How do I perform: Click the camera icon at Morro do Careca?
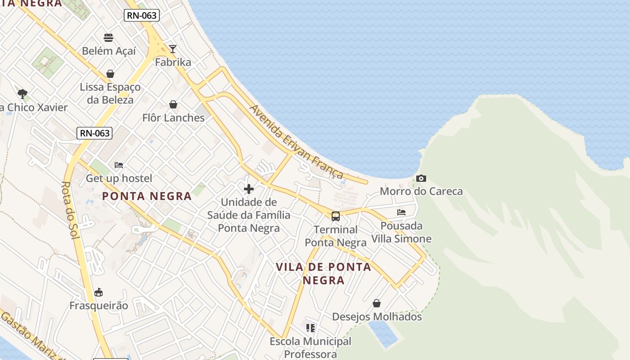421,179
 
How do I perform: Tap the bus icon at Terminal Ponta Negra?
336,216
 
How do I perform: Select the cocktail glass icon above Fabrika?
173,49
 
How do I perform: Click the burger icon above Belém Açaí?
108,37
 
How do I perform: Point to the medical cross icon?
249,189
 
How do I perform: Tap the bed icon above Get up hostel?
119,165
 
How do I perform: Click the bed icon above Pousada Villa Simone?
401,212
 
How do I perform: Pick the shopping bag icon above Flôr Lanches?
173,105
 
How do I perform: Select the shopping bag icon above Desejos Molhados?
377,304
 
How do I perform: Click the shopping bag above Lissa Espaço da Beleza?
110,73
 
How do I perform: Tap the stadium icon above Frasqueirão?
99,292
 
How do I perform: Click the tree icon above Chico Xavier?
22,94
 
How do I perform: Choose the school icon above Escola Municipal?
310,328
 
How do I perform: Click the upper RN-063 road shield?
142,15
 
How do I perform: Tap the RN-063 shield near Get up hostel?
94,133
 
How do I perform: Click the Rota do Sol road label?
70,210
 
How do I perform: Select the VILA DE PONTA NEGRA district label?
324,274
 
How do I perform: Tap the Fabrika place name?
173,62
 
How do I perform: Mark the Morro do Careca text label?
421,191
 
